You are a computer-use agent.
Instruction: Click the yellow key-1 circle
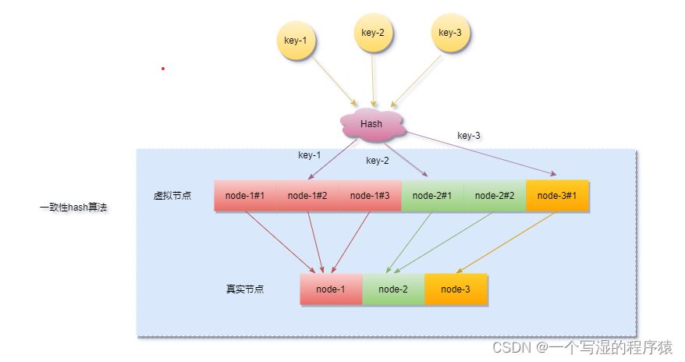[x=296, y=40]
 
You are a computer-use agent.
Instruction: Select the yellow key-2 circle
[x=373, y=33]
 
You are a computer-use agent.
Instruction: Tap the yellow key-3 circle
[x=449, y=33]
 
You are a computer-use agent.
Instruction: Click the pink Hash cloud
[x=371, y=124]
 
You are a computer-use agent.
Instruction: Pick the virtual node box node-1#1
[x=245, y=196]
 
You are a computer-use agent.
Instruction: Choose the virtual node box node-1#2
[x=307, y=196]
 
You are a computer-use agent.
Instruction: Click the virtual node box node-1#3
[x=370, y=196]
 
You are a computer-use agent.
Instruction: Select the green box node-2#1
[x=432, y=196]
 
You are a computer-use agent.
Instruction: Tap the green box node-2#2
[x=495, y=196]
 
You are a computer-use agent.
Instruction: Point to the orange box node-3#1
[x=557, y=196]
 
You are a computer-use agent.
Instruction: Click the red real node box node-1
[x=331, y=289]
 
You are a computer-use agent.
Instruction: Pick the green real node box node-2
[x=393, y=289]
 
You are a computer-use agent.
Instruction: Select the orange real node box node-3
[x=456, y=289]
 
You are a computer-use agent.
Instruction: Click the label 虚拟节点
[x=172, y=196]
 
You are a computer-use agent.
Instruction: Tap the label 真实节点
[x=245, y=289]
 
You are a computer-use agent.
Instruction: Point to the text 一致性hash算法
[x=73, y=208]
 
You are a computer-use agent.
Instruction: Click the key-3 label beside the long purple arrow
[x=468, y=136]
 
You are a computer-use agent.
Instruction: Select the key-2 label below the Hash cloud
[x=377, y=161]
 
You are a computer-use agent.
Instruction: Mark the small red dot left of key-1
[x=163, y=69]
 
